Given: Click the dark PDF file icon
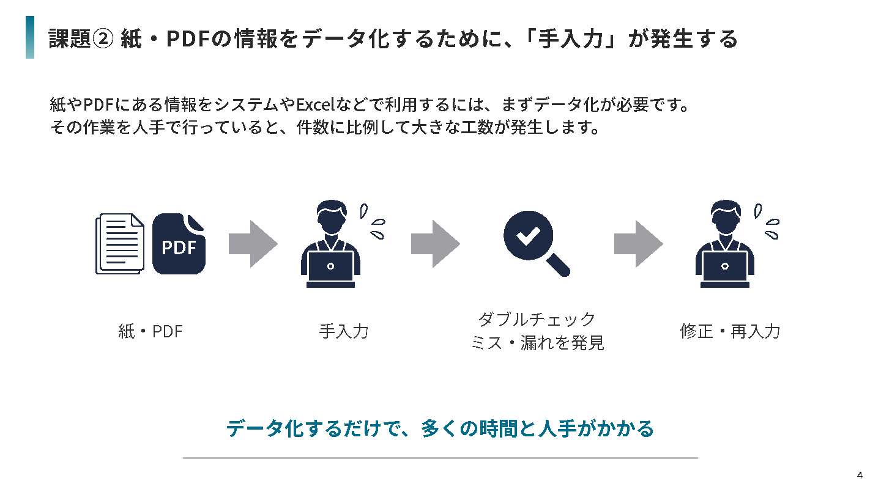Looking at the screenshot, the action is [x=179, y=244].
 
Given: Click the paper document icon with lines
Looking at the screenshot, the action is [x=119, y=244].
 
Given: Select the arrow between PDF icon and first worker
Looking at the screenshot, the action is [x=253, y=244].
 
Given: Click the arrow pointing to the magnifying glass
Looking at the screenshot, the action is [x=436, y=244].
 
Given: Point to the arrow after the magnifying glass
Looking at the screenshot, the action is [x=639, y=244].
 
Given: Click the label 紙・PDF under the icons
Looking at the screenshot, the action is [x=151, y=331].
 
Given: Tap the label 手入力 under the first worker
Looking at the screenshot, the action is [x=344, y=331].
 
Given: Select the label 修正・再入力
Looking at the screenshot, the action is [x=730, y=331].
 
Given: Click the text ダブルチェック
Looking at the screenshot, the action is [x=537, y=319].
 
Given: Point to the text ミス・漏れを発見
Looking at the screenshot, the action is [x=537, y=343].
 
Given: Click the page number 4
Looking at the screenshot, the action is [x=860, y=475].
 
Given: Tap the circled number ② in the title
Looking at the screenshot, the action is [x=103, y=39].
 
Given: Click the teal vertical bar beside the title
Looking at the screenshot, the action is [x=30, y=37].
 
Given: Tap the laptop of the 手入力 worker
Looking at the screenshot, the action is [x=331, y=269].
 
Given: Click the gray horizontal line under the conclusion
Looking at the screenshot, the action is [x=441, y=458].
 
